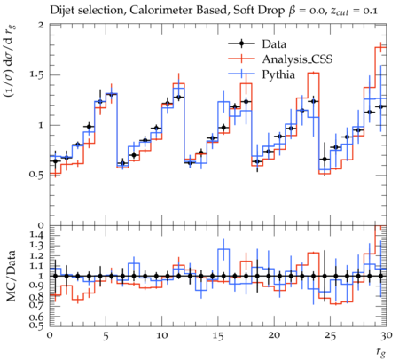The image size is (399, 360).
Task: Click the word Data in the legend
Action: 274,44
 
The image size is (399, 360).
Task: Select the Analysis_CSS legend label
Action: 297,59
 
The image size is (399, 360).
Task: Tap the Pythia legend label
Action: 278,74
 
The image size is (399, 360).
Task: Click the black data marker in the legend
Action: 241,43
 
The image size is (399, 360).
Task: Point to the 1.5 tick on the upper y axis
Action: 36,74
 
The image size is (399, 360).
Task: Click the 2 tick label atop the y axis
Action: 41,25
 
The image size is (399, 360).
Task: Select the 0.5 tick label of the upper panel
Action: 36,175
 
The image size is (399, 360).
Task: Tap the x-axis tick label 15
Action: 218,336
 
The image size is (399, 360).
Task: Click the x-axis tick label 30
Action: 387,336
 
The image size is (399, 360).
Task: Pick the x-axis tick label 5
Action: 106,336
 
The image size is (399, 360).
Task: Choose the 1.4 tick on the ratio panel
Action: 36,236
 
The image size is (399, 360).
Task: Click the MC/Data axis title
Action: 12,276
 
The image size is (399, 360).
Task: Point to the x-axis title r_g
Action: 381,352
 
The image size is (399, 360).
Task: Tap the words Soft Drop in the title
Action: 260,11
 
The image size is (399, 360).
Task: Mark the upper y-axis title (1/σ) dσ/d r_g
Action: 12,62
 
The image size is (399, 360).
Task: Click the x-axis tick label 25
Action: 331,336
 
